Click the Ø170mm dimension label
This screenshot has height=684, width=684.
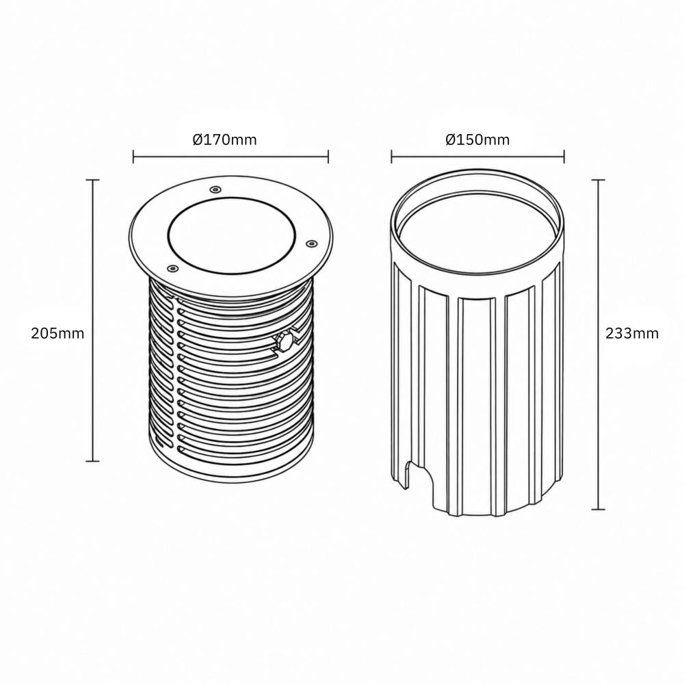point(224,140)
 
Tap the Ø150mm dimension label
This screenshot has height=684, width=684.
point(477,140)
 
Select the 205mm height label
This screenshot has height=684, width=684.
point(57,333)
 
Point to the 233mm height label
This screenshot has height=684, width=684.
point(632,333)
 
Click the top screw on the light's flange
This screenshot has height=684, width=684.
point(215,189)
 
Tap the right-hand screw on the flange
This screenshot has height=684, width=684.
point(311,243)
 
